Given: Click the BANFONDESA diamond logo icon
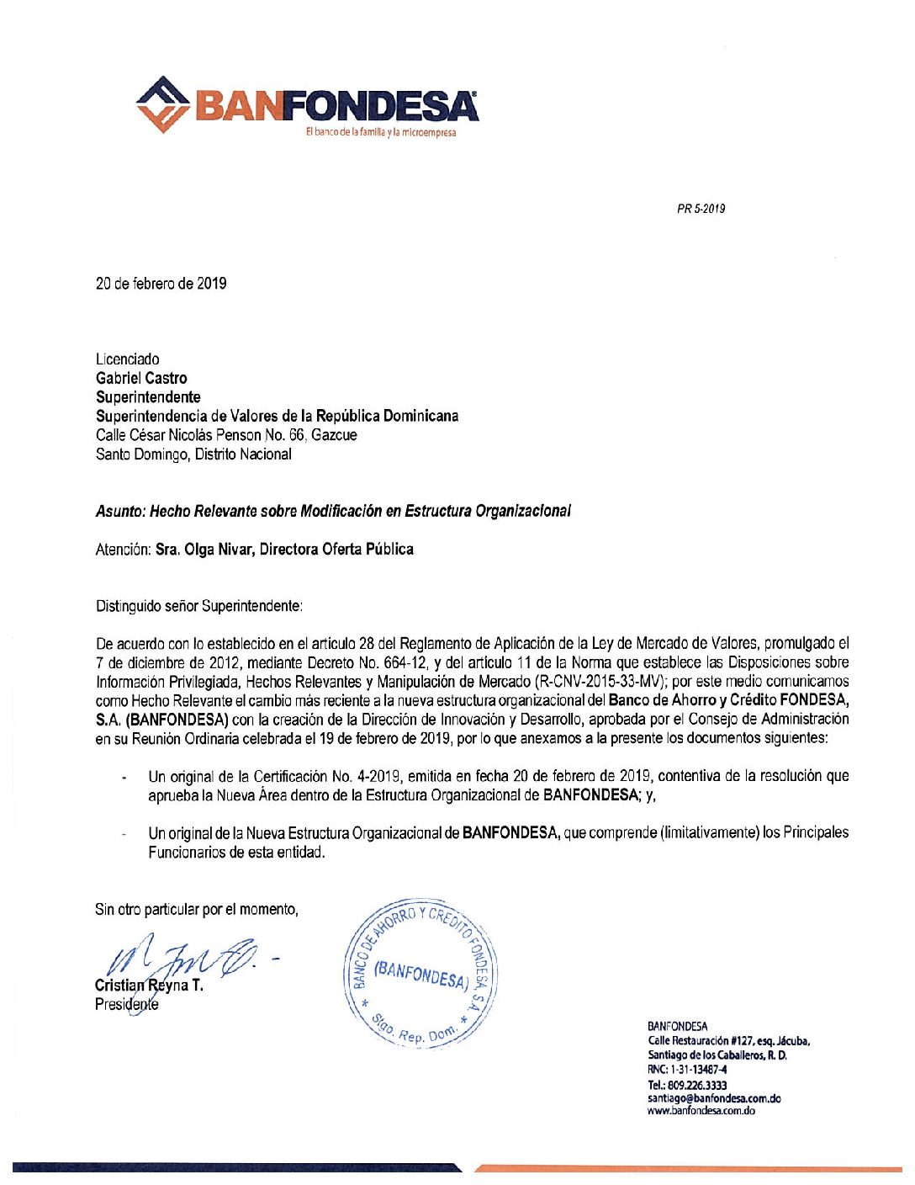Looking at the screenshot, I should (x=162, y=104).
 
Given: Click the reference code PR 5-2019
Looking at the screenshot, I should (x=701, y=209).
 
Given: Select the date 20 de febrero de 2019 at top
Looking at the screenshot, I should (x=161, y=284).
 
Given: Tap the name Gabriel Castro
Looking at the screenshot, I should (x=141, y=378).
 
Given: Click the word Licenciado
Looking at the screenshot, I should (x=127, y=359).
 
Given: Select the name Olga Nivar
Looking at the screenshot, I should (x=207, y=550).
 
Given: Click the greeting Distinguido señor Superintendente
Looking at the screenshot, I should (x=199, y=606).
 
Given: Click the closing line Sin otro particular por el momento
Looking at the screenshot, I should (x=197, y=909).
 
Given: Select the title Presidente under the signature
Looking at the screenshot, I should (x=126, y=1004).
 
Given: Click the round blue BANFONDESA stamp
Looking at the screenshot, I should (x=420, y=974).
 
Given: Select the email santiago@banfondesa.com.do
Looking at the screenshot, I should (x=713, y=1098).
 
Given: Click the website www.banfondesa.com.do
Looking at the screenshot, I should (x=701, y=1111).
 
